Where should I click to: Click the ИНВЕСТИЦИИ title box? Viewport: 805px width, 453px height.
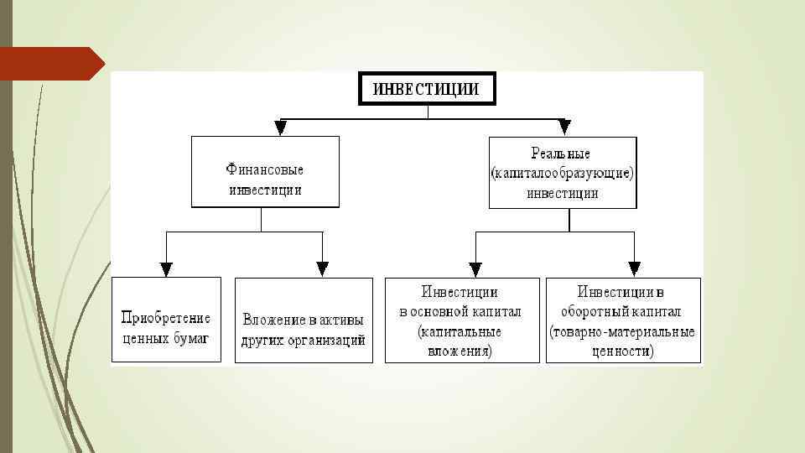(x=427, y=89)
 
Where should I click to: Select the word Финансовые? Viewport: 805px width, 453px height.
(x=265, y=169)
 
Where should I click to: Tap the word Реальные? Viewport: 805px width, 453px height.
(x=561, y=154)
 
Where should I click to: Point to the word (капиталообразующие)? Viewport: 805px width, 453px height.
(x=562, y=174)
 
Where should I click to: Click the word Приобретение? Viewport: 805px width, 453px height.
(x=166, y=319)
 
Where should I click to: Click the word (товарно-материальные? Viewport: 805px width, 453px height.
(x=622, y=332)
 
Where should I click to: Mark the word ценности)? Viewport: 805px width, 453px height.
(x=622, y=351)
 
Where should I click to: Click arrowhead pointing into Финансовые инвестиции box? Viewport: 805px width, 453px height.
(x=280, y=128)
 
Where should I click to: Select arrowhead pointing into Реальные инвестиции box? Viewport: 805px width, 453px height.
(x=564, y=128)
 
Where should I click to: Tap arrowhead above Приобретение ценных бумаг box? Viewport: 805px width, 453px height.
(x=166, y=269)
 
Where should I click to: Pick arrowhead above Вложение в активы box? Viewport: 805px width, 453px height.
(x=322, y=269)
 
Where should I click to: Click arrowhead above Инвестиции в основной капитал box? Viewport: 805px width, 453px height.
(x=475, y=269)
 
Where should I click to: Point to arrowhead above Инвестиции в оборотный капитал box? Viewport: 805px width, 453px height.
(x=634, y=269)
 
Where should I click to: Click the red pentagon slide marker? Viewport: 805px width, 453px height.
(x=50, y=64)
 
